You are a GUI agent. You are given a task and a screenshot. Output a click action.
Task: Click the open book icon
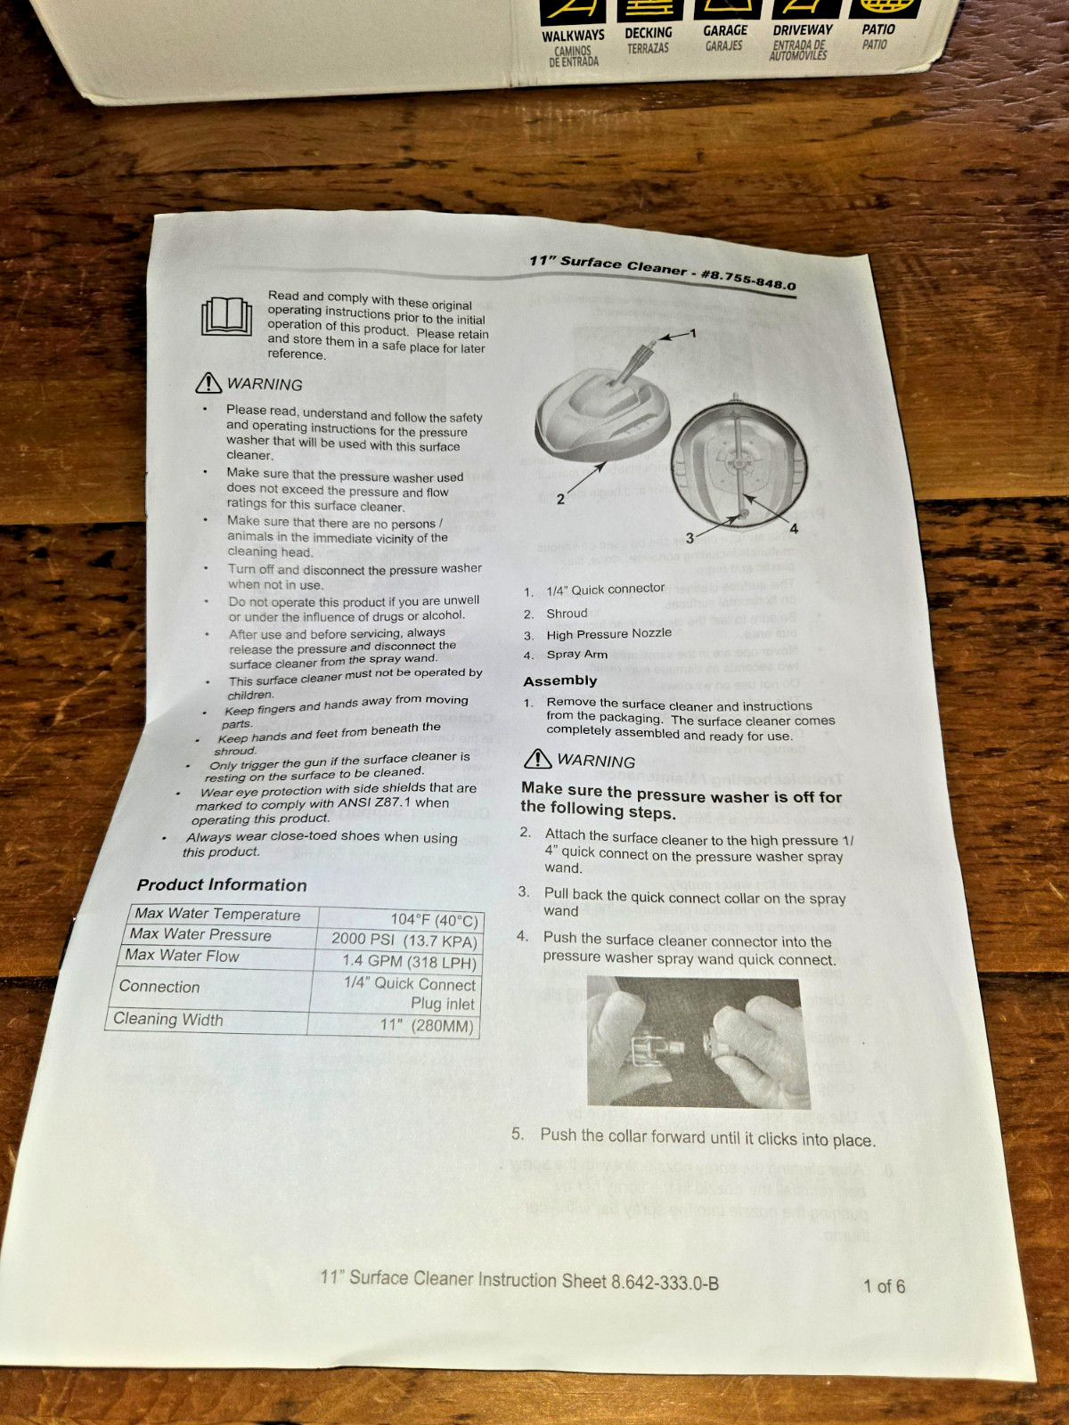click(226, 316)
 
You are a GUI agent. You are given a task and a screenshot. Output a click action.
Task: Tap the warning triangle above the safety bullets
click(208, 383)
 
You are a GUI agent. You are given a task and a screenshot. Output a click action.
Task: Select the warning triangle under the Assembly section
click(537, 758)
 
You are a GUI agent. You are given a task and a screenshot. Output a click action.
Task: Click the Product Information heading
click(221, 885)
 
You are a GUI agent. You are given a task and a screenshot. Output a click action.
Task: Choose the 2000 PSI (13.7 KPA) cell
click(404, 940)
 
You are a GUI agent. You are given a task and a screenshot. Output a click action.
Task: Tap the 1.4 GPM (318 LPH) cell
click(410, 962)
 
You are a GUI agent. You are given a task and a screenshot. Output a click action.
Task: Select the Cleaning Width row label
click(168, 1019)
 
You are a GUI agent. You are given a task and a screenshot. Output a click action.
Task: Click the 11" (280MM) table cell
click(428, 1026)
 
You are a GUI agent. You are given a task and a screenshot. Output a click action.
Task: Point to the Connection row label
click(159, 986)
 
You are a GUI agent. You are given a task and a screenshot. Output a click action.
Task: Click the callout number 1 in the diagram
click(692, 333)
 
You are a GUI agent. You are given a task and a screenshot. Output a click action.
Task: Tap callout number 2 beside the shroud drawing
click(561, 500)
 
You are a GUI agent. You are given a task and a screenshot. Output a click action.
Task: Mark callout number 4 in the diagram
click(793, 529)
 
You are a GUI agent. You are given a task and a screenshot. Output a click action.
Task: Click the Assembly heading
click(560, 681)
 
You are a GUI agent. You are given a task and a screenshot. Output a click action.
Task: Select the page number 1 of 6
click(884, 1286)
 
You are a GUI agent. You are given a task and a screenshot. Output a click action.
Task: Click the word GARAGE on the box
click(725, 30)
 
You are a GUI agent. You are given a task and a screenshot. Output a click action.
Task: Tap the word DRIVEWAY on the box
click(803, 30)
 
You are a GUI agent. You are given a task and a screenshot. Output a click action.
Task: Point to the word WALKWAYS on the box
click(573, 35)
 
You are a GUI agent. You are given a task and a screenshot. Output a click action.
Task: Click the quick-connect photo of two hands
click(698, 1042)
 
